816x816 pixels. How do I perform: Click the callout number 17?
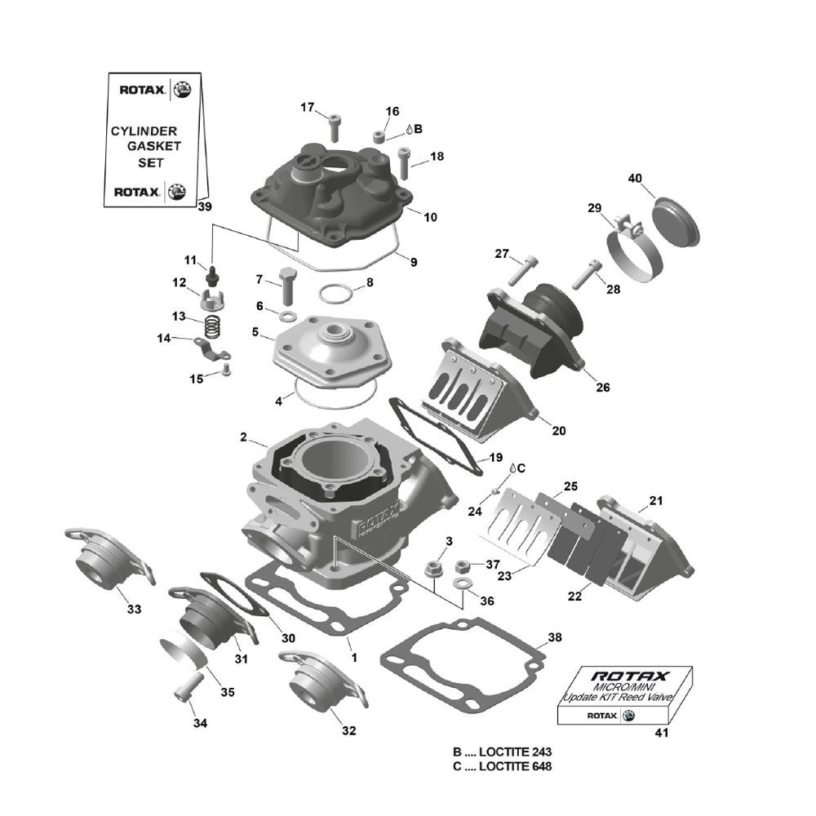307,108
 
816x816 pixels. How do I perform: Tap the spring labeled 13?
212,325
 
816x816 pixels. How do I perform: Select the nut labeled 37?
462,565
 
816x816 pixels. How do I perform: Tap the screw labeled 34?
184,687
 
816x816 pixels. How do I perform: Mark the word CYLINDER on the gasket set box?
144,131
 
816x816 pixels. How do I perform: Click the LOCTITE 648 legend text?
504,766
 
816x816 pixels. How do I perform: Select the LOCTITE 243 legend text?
504,752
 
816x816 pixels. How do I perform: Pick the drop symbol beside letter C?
511,468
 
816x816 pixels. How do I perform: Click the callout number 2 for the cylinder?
243,438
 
